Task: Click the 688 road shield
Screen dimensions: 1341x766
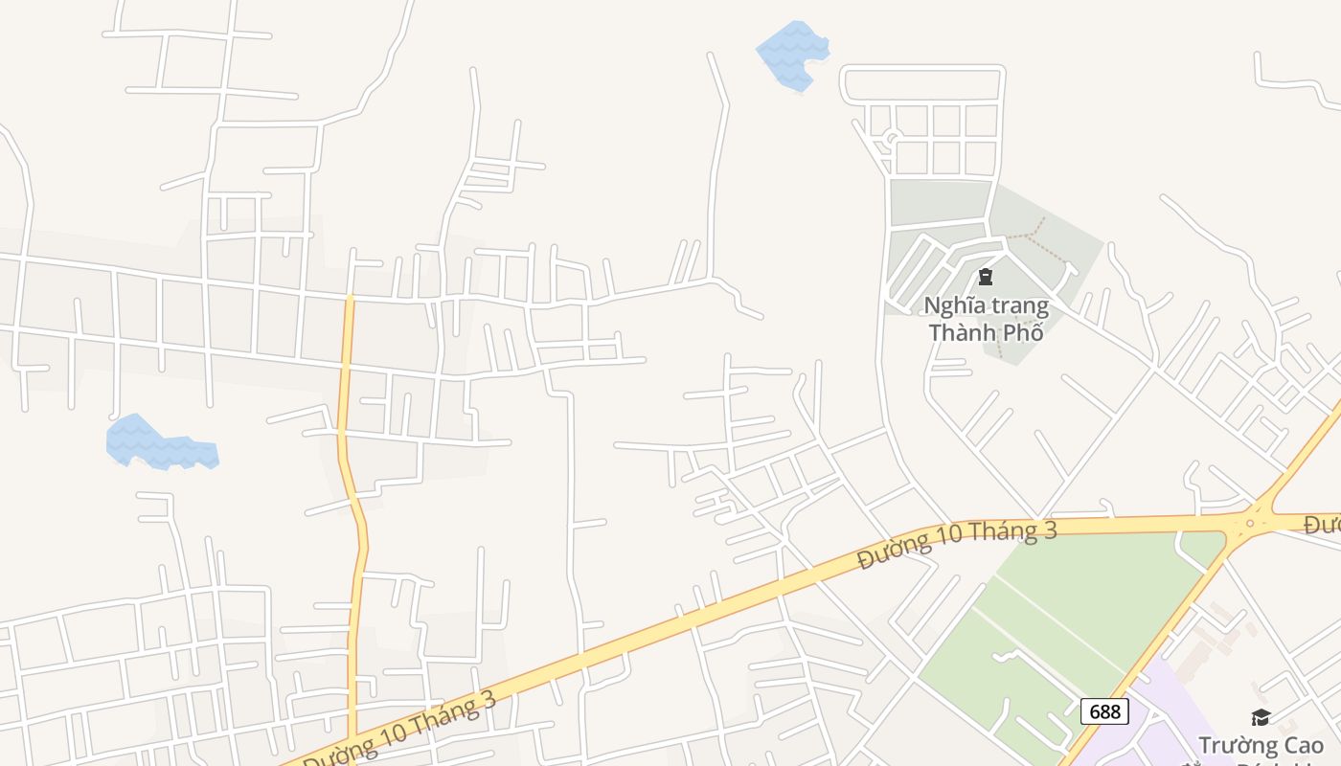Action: [1104, 711]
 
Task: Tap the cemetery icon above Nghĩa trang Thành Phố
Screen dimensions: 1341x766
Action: [985, 278]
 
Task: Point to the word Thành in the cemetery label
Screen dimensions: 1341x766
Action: [962, 333]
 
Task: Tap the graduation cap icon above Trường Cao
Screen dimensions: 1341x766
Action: [1261, 717]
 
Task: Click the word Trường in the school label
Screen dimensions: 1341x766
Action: [1239, 745]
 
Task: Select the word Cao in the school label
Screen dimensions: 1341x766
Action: [1305, 745]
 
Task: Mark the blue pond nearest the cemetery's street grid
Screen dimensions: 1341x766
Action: [793, 55]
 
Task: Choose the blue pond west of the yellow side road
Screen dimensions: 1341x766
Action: [158, 444]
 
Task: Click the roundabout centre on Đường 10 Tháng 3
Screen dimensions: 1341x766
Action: [1250, 524]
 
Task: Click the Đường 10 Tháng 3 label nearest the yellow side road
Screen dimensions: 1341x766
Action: [402, 729]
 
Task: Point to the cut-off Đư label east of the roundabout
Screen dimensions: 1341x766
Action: [1323, 525]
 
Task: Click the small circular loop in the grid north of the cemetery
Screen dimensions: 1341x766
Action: [892, 140]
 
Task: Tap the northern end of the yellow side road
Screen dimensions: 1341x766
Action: [350, 299]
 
